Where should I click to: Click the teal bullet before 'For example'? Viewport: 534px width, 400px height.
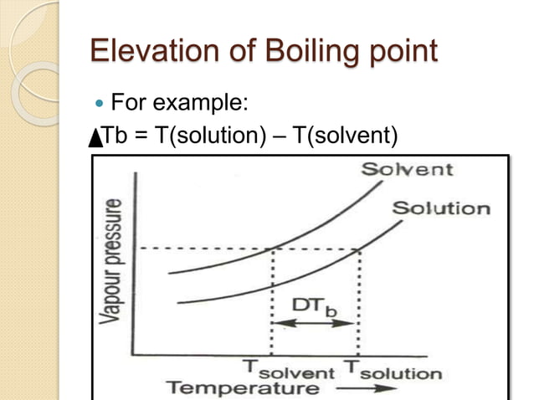tap(101, 105)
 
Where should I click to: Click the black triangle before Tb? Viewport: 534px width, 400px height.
tap(95, 136)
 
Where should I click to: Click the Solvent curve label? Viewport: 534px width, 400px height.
tap(407, 170)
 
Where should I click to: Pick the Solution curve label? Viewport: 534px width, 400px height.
tap(440, 208)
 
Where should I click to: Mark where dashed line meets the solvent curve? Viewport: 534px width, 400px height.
tap(273, 249)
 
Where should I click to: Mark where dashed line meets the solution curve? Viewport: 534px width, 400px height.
tap(360, 249)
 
